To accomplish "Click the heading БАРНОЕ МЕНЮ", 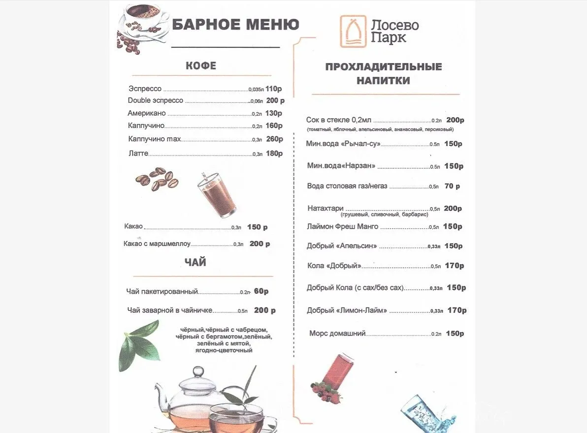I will point(235,24).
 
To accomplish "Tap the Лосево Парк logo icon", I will point(353,31).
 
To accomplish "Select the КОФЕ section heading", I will point(200,65).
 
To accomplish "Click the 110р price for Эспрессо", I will point(273,89).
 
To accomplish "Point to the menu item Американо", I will point(147,113).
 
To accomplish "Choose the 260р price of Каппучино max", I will point(274,139).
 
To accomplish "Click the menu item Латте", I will point(138,154).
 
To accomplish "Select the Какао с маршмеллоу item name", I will point(157,244).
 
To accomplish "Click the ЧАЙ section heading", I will point(196,263).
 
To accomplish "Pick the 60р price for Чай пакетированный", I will point(261,291).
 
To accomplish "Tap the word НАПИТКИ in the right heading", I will point(383,81).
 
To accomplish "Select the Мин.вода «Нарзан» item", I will point(341,166).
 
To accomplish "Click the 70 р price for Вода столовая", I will point(452,186).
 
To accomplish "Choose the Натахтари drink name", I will point(325,208).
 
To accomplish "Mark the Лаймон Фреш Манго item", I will point(342,226).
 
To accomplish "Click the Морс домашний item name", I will point(337,333).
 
